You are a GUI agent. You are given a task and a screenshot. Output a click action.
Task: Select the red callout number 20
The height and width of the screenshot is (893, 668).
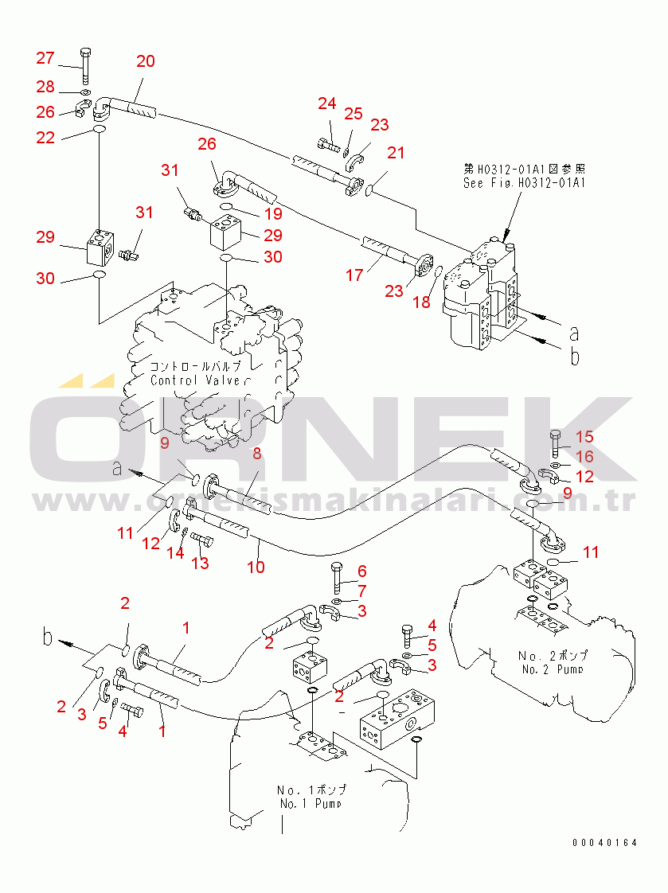point(146,61)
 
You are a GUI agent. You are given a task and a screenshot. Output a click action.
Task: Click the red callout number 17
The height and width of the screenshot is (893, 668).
point(354,275)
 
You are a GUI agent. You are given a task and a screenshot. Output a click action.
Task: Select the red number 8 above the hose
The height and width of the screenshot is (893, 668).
point(256,454)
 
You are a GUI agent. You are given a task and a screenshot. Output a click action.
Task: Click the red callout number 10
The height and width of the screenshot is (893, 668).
point(256,567)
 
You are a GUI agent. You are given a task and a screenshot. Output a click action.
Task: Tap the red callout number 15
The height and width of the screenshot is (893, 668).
point(584,436)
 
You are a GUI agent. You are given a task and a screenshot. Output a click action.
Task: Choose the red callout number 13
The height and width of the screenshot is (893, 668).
point(200,563)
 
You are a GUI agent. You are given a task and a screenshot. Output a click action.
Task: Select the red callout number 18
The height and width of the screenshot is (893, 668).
point(421,302)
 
